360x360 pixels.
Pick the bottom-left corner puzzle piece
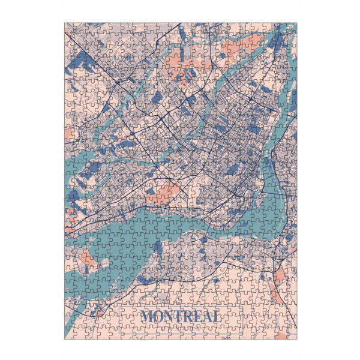[70, 334]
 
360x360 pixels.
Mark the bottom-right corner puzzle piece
[292, 334]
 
